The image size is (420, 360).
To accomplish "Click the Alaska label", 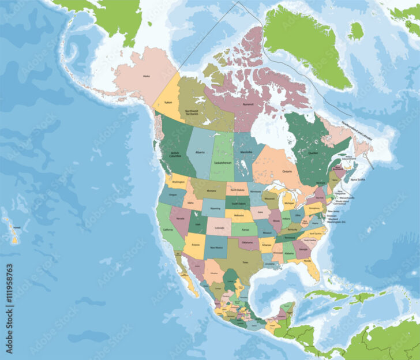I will coord(146,75).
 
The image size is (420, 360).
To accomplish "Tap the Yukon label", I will coord(168,102).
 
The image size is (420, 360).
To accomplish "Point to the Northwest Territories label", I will coord(192,112).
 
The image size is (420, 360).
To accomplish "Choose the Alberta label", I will coord(200,152).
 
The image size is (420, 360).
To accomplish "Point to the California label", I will coord(167,230).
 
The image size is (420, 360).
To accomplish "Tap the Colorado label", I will coord(219,227).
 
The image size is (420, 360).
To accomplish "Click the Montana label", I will coord(212,191).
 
